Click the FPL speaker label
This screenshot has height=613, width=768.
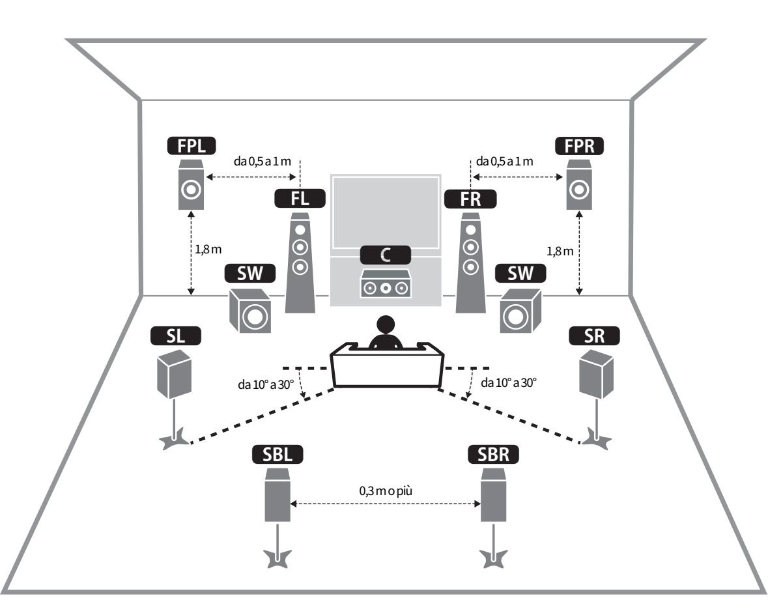[192, 146]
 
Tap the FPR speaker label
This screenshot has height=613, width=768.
[580, 146]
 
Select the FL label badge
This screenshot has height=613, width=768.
[300, 199]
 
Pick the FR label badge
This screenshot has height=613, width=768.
[470, 199]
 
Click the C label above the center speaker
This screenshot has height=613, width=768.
[386, 255]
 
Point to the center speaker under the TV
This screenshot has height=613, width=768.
[386, 284]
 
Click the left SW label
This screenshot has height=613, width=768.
[250, 274]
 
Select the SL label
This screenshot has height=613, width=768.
[176, 336]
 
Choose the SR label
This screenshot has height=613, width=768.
[594, 336]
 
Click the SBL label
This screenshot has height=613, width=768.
[277, 455]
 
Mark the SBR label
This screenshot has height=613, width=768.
[493, 455]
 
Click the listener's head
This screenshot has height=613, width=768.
[386, 325]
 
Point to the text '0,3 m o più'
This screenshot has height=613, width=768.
[386, 491]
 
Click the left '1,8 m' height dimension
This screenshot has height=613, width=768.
[208, 250]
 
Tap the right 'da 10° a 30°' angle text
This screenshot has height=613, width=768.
[509, 382]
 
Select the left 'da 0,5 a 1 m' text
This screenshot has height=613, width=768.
[262, 161]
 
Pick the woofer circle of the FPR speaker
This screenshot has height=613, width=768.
[579, 189]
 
